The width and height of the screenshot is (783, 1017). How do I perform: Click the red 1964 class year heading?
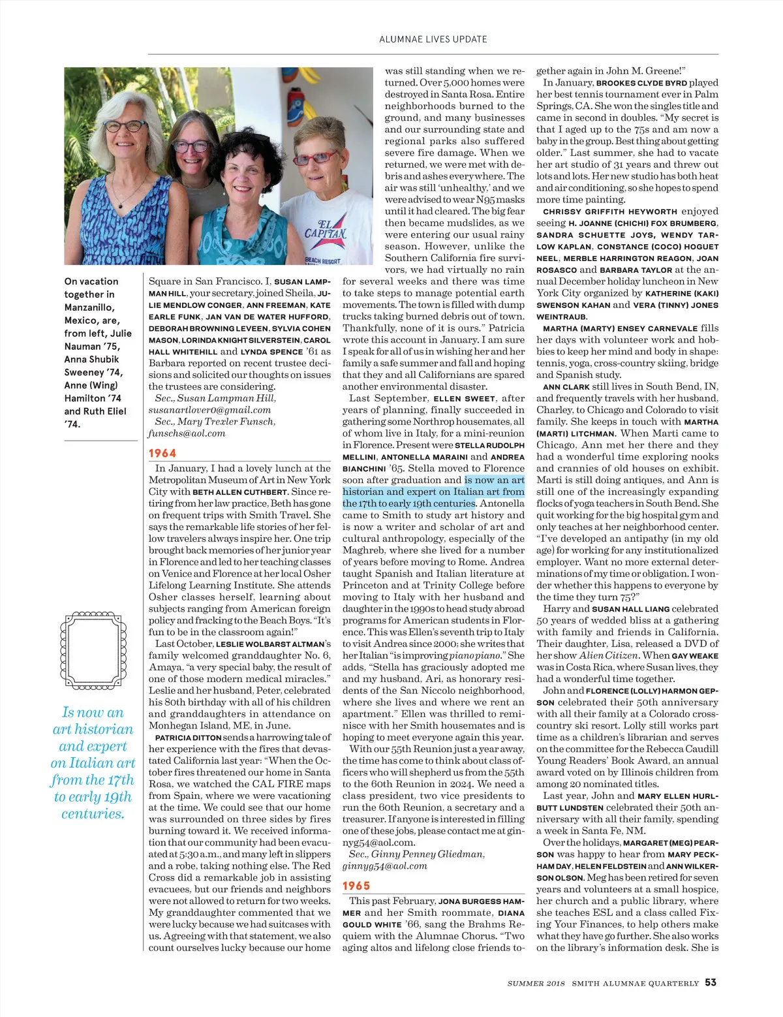tap(162, 453)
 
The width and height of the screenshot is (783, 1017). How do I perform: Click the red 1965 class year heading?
tap(356, 886)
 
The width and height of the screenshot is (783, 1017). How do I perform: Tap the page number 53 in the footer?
tap(711, 982)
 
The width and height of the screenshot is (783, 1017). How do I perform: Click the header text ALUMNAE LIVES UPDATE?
tap(433, 39)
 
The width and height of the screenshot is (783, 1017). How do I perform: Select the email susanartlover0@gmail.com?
tap(209, 410)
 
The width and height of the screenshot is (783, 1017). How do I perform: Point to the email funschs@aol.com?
tap(187, 433)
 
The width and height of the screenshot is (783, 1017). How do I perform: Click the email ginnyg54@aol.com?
tap(385, 866)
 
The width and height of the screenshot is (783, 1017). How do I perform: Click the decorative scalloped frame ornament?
tap(93, 651)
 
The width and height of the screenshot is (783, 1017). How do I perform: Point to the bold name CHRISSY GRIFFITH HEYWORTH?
tap(609, 211)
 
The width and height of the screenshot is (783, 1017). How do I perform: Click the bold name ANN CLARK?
tap(566, 386)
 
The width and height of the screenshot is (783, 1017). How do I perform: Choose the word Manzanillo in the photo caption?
tap(89, 307)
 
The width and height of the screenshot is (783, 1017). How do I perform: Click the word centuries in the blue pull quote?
tap(93, 813)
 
